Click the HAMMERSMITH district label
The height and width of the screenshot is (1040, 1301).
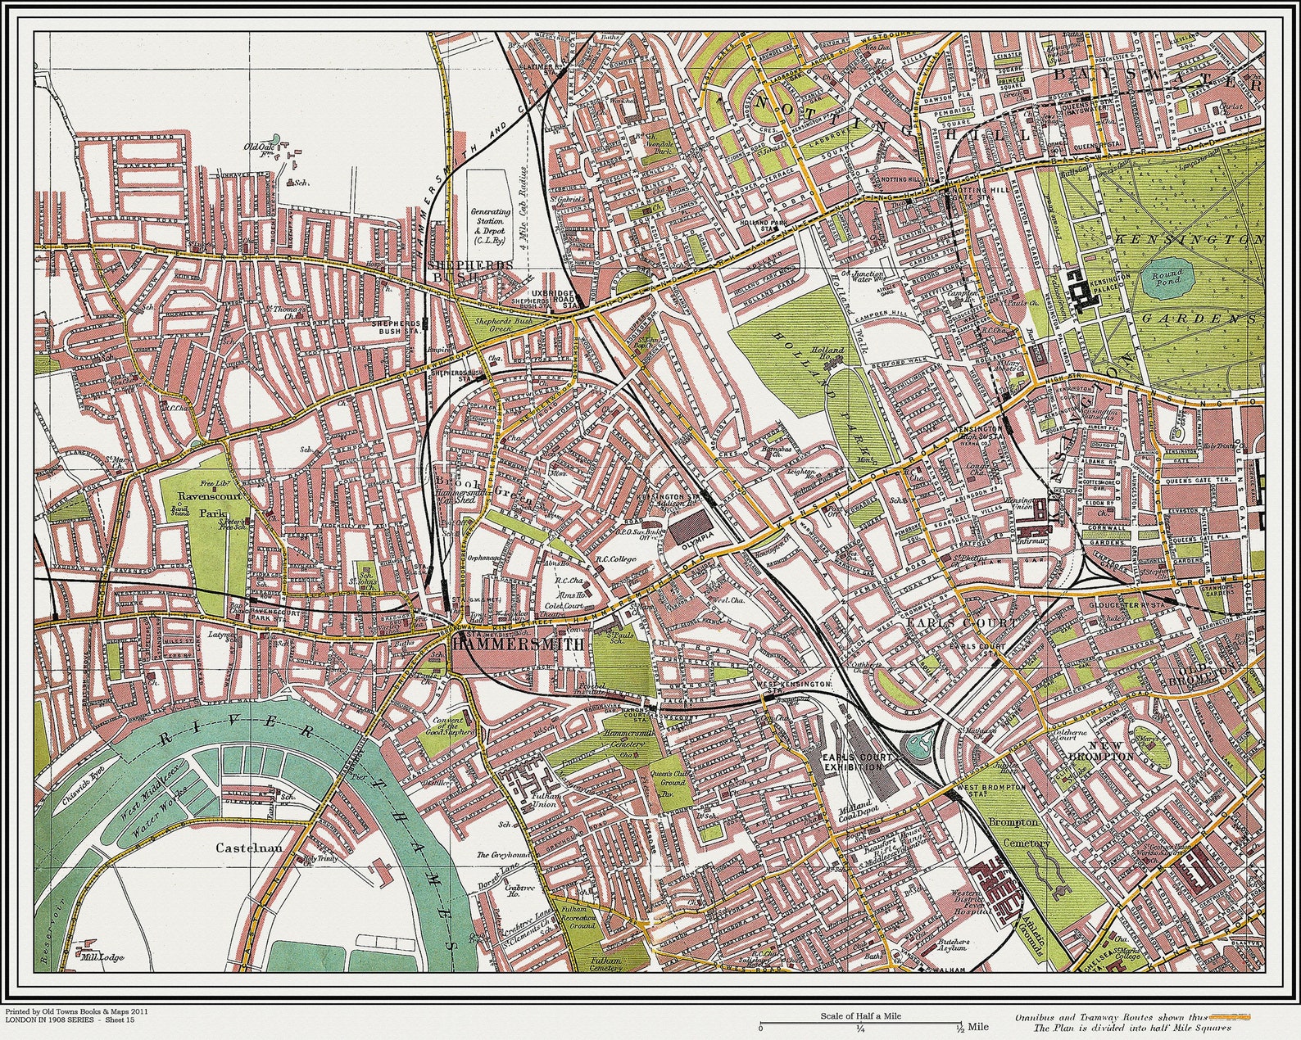click(x=518, y=644)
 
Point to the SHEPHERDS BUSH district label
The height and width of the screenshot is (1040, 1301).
click(x=468, y=271)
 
